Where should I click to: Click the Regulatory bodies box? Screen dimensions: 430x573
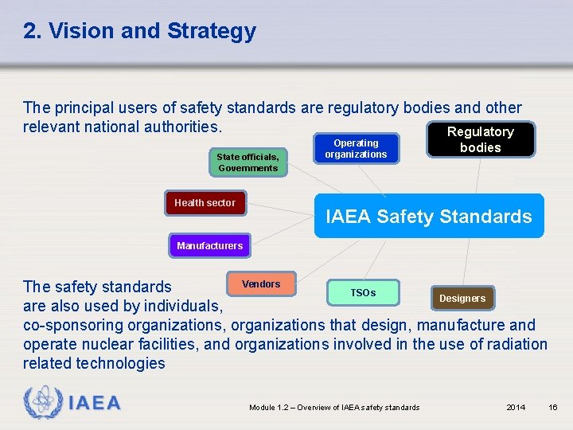point(480,140)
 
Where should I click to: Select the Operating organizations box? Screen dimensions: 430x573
point(356,149)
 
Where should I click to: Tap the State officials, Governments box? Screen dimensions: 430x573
point(248,162)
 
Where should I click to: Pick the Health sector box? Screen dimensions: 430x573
point(205,203)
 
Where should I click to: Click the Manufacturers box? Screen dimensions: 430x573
point(209,246)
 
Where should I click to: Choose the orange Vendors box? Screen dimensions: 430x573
point(261,284)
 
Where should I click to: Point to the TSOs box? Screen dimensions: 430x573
point(363,293)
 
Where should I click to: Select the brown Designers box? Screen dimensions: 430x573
point(462,299)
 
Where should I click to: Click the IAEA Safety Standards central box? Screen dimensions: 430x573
point(429,216)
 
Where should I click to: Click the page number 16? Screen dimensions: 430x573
point(553,408)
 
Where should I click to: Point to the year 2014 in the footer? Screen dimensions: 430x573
point(516,408)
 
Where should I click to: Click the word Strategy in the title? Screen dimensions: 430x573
point(212,31)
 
